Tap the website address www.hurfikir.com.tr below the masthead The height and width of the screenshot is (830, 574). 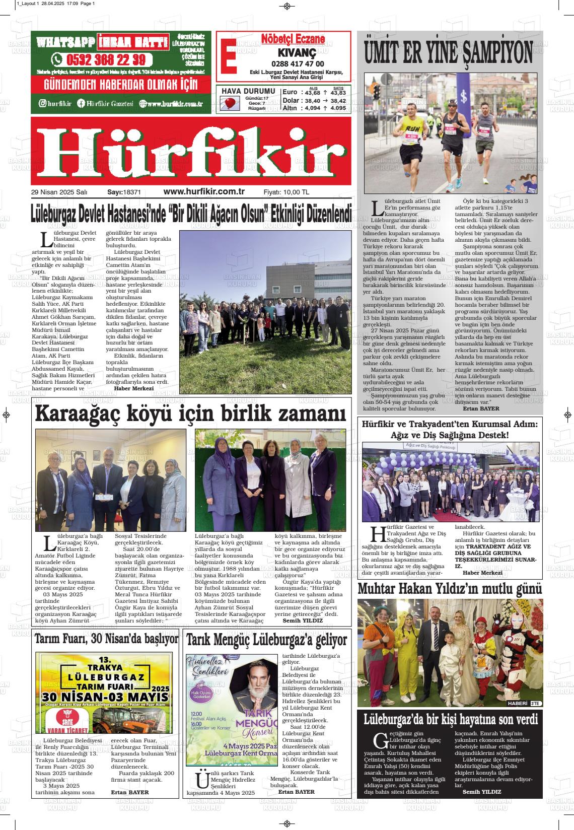[204, 192]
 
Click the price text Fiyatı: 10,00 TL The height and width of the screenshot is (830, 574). [286, 192]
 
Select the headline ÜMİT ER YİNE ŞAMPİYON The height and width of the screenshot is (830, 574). [449, 52]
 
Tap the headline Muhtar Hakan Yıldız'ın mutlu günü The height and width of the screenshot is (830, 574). [450, 589]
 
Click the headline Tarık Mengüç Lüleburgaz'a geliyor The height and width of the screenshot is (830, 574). [266, 640]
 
